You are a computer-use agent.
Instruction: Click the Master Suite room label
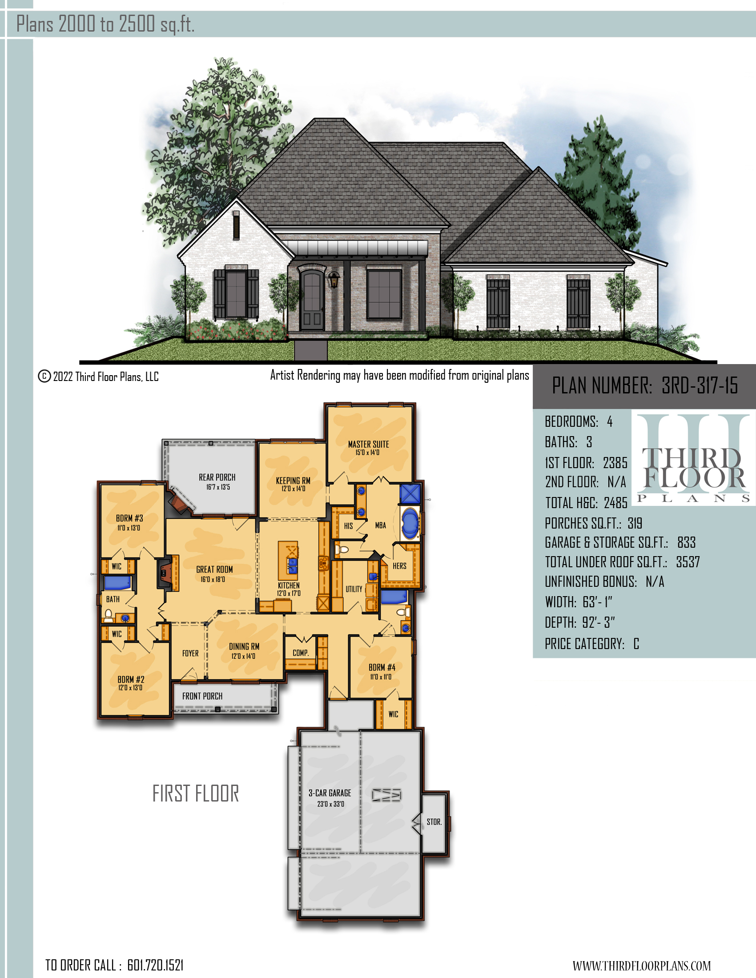(x=368, y=444)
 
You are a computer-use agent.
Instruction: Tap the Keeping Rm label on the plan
(x=293, y=481)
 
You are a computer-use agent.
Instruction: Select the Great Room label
(x=214, y=569)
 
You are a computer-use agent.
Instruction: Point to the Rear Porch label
(x=217, y=477)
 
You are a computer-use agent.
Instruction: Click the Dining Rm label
(x=244, y=647)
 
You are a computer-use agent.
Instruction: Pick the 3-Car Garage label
(x=330, y=793)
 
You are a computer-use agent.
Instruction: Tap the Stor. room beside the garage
(x=434, y=822)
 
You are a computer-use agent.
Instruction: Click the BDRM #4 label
(x=382, y=667)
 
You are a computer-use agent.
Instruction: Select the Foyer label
(x=190, y=653)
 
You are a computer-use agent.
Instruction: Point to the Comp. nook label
(x=301, y=653)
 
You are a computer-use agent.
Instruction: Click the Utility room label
(x=354, y=589)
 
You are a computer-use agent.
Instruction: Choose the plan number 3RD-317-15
(x=700, y=385)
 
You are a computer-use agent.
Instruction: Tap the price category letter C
(x=636, y=644)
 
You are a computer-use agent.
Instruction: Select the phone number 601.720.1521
(x=155, y=965)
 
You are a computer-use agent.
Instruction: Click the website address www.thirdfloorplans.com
(x=641, y=966)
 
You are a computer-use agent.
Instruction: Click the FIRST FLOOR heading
(x=196, y=794)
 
